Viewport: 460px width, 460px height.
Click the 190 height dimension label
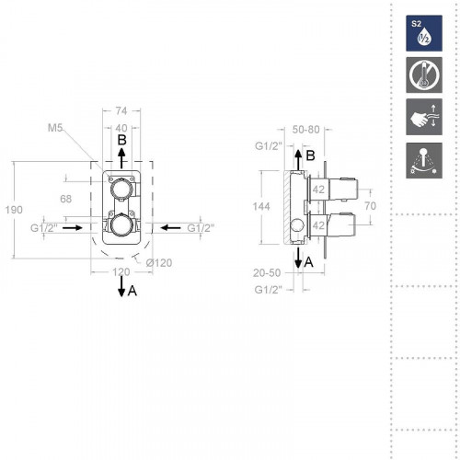pos(14,210)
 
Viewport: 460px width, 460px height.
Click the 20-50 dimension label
pos(268,272)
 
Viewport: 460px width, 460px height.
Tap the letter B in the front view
pos(122,141)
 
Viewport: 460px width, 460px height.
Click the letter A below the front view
pos(132,292)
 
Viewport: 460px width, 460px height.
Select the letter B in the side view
pos(310,155)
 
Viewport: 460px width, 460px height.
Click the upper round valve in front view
pos(121,190)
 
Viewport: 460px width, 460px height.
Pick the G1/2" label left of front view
pos(44,226)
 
